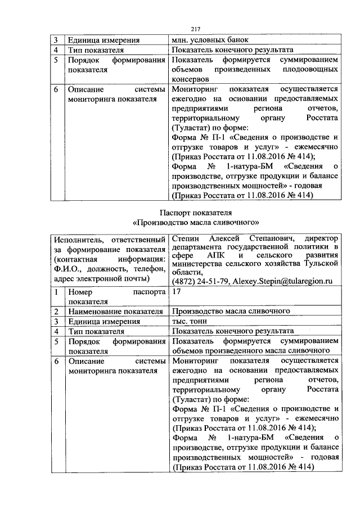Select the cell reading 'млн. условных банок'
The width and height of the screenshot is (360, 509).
click(210, 40)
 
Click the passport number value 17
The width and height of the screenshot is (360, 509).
click(176, 291)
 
